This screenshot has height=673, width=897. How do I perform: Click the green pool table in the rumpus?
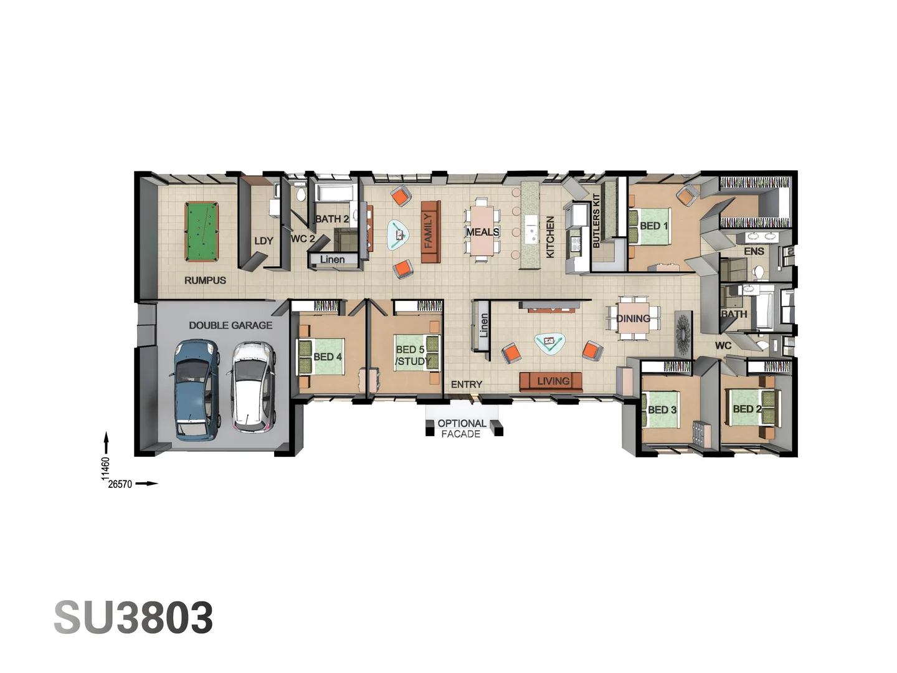[x=202, y=232]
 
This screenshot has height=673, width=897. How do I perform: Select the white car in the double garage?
[x=253, y=387]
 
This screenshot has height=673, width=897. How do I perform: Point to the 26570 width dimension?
[x=120, y=484]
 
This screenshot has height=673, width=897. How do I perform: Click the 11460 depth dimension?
[x=105, y=469]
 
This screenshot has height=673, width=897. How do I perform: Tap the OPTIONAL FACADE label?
[x=462, y=429]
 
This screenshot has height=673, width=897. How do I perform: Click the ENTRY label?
[x=467, y=384]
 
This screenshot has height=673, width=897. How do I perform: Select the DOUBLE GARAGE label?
[x=230, y=325]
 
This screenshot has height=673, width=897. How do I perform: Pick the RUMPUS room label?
[x=205, y=280]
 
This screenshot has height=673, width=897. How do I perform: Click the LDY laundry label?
[x=263, y=241]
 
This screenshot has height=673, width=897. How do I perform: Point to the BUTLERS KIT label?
[x=596, y=221]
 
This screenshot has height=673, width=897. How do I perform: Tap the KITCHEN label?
[x=550, y=237]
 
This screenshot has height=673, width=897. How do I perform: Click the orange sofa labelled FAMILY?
[x=430, y=231]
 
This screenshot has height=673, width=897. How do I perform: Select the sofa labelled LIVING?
[x=551, y=381]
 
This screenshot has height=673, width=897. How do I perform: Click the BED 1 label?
[x=653, y=226]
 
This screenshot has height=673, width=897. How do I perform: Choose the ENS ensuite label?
[x=754, y=251]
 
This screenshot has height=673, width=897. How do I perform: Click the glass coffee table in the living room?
[x=550, y=342]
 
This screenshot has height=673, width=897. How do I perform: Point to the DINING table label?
[x=633, y=318]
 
